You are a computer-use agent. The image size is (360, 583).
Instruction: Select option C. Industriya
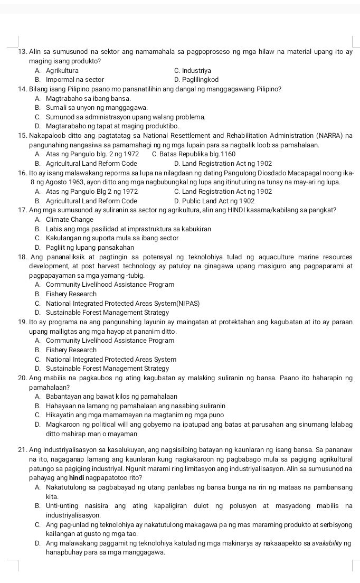(x=192, y=70)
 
